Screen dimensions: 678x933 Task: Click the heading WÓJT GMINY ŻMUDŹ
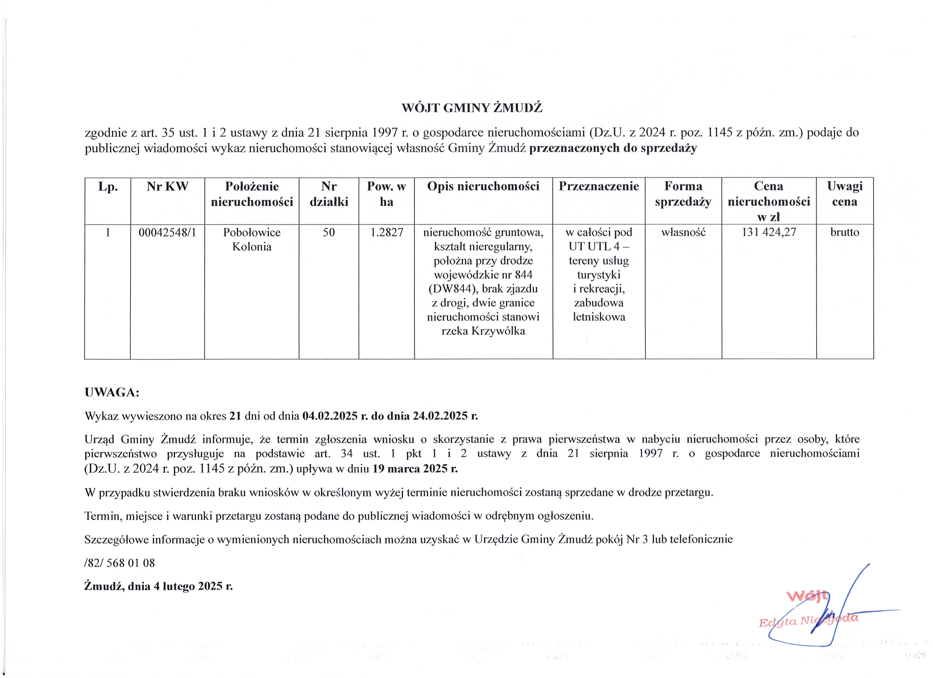[472, 108]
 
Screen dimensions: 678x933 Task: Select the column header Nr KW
[167, 187]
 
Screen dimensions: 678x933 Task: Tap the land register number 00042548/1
[167, 233]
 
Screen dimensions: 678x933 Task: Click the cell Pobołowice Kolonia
[252, 240]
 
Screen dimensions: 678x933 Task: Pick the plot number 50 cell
[329, 233]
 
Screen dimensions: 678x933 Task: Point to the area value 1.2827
[387, 233]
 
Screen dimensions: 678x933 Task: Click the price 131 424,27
[769, 233]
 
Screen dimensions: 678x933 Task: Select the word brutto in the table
[845, 233]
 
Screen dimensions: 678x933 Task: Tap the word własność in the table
[683, 233]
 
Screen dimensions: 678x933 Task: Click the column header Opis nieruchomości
[483, 187]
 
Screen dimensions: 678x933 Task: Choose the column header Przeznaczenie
[599, 187]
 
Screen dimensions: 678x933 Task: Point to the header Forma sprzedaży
[683, 194]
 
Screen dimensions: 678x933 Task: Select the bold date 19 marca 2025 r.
[415, 469]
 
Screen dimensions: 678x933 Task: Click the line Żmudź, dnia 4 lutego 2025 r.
[158, 586]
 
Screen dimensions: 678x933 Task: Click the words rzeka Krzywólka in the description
[483, 331]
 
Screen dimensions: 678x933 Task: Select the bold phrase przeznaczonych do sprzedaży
[613, 148]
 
